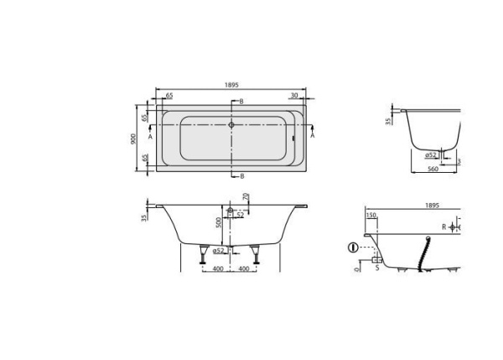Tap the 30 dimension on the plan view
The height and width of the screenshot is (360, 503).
(295, 97)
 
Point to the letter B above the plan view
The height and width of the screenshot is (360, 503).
(241, 102)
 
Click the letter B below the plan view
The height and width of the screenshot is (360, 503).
(241, 176)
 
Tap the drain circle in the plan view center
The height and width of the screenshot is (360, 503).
(232, 124)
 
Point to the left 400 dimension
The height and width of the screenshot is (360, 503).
(217, 269)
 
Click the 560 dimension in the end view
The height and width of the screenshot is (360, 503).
(433, 170)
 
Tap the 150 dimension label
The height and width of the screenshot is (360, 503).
(371, 215)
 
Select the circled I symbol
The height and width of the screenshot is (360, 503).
(353, 248)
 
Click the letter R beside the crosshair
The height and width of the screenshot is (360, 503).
(443, 227)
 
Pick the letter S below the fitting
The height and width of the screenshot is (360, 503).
(376, 268)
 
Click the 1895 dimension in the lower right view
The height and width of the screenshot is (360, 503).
(433, 204)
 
